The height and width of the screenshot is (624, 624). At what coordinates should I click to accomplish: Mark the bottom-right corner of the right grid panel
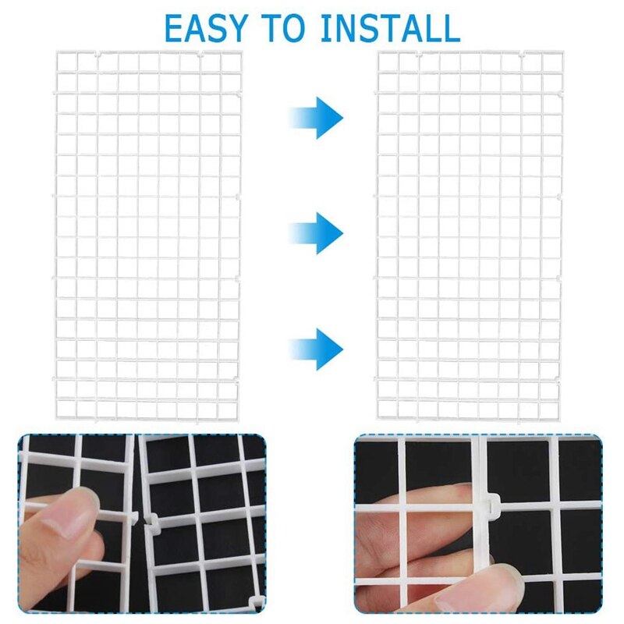pos(561,420)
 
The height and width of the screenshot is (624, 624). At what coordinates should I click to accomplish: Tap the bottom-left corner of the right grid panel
pos(378,420)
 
